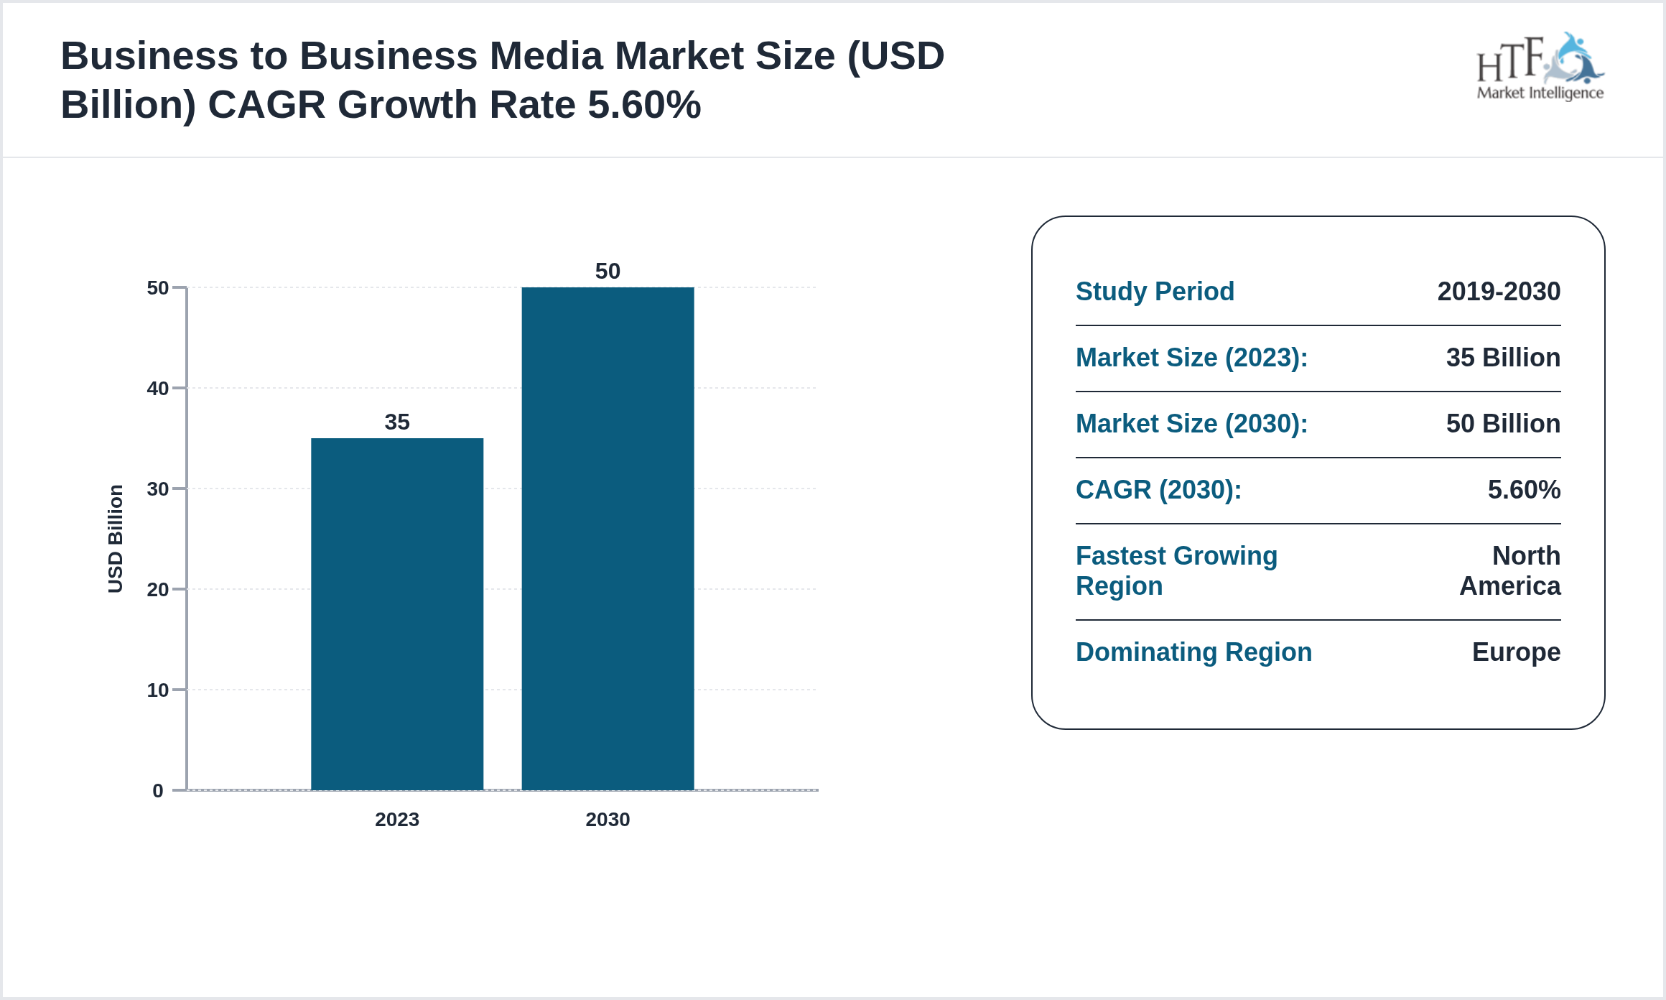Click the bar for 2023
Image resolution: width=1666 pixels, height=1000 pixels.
click(x=397, y=614)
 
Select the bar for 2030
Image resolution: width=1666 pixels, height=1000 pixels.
click(x=608, y=538)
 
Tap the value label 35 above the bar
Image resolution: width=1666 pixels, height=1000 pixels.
click(x=397, y=422)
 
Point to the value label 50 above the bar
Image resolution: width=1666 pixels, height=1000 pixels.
click(x=608, y=271)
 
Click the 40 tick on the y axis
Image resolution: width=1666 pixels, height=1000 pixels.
click(x=158, y=389)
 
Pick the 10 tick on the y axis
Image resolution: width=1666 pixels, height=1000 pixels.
click(x=158, y=690)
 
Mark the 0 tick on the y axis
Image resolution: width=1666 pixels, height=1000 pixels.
click(x=158, y=791)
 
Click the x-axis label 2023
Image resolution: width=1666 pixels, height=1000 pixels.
click(x=397, y=820)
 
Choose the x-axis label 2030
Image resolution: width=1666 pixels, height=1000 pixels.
click(x=608, y=820)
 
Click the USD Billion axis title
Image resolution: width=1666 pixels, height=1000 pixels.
click(x=116, y=539)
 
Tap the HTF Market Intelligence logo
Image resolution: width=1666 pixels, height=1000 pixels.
click(x=1540, y=68)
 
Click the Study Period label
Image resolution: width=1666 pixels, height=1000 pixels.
click(x=1155, y=292)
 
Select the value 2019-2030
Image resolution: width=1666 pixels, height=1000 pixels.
click(x=1499, y=292)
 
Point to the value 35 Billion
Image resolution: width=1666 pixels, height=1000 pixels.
click(x=1503, y=358)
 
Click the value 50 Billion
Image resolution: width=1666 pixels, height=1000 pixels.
click(x=1503, y=424)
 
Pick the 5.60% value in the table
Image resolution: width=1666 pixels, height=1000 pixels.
click(x=1524, y=490)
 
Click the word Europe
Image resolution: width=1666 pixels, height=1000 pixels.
click(x=1516, y=652)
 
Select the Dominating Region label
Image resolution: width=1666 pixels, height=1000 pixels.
click(x=1193, y=652)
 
